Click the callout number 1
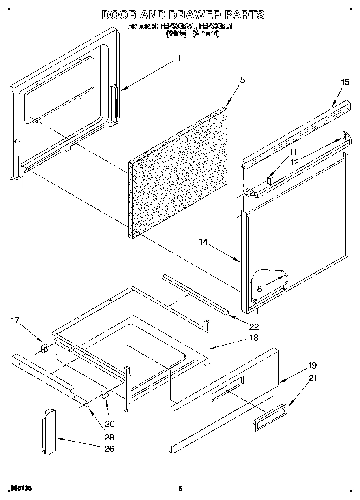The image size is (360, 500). click(x=179, y=58)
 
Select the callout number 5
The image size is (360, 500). click(x=242, y=80)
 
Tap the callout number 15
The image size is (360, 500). click(x=345, y=82)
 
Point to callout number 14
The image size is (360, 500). click(x=203, y=242)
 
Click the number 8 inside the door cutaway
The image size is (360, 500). click(x=259, y=289)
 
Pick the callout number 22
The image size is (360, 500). click(x=254, y=327)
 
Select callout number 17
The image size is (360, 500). click(x=15, y=321)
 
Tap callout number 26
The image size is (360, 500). click(x=109, y=449)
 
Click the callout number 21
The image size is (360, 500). click(x=313, y=378)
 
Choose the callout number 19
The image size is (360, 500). click(x=312, y=365)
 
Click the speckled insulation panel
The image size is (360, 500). click(x=178, y=174)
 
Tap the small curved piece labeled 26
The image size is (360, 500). click(x=48, y=432)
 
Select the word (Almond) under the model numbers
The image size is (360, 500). click(x=206, y=34)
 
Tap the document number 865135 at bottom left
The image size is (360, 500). click(x=19, y=489)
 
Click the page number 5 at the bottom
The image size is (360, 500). click(x=180, y=489)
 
